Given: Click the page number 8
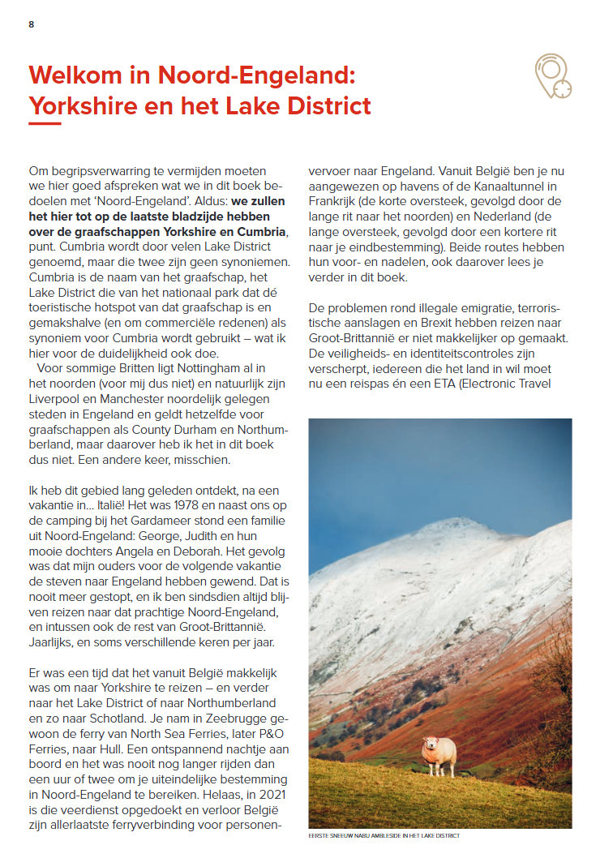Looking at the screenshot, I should click(32, 24).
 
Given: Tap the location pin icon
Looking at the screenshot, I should click(552, 76).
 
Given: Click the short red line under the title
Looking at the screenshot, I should click(45, 124).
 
